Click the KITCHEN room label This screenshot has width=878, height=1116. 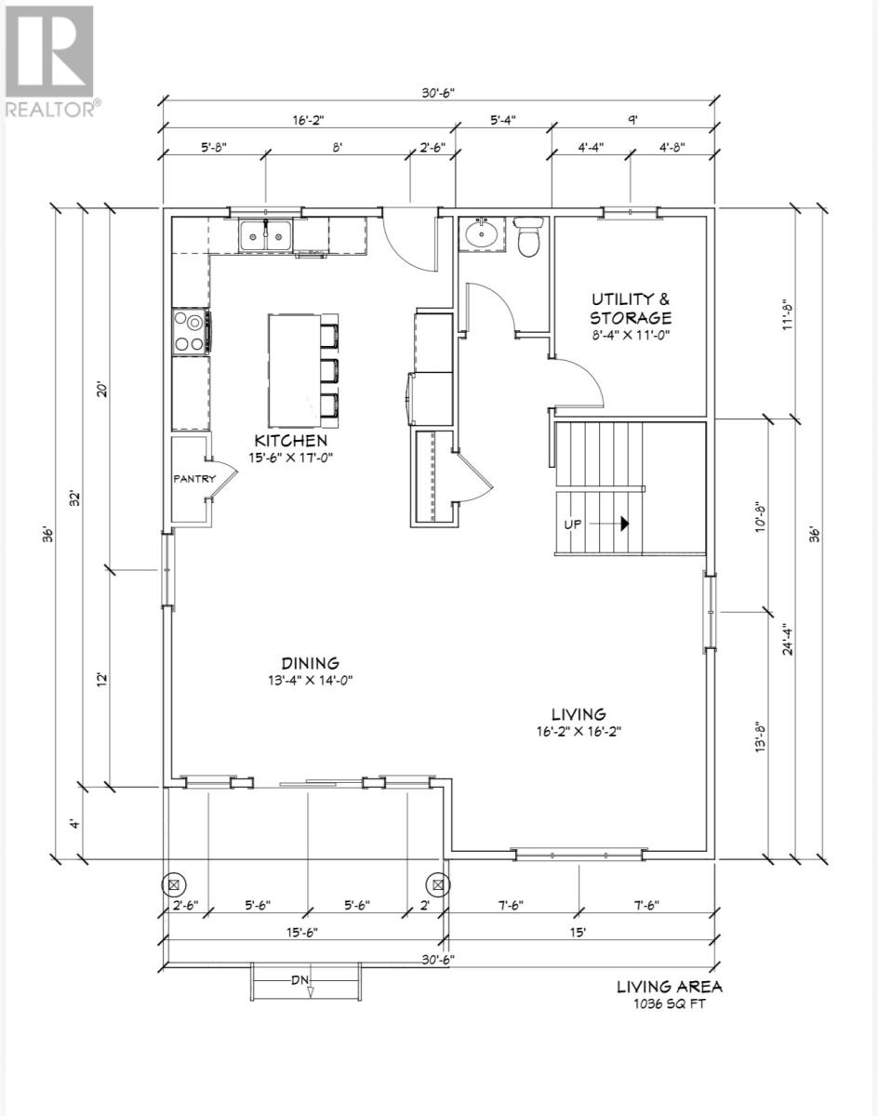292,440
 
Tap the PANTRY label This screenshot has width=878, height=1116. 193,478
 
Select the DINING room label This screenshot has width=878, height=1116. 310,663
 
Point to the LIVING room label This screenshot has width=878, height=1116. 579,713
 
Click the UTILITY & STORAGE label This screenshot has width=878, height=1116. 631,308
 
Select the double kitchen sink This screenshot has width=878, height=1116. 265,236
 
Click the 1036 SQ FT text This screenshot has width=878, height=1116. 670,1003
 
